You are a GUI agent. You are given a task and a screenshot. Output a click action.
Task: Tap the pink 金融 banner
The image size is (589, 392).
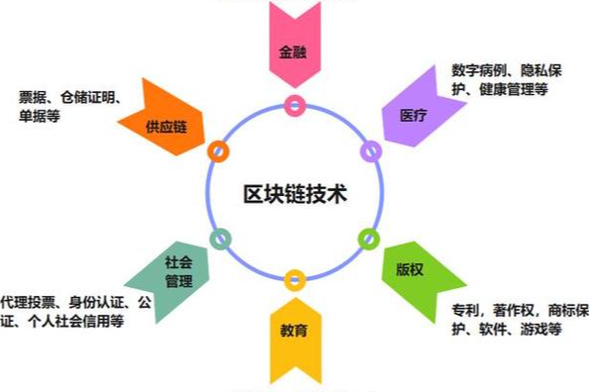[x=294, y=49]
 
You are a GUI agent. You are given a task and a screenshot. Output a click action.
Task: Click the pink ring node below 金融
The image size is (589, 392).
[x=294, y=103]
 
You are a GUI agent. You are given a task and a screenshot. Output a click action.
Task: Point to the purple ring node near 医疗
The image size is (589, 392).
[x=370, y=150]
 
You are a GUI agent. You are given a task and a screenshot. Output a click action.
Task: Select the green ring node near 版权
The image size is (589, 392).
[x=368, y=238]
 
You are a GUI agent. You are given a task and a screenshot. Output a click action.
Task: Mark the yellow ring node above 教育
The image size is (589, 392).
[x=294, y=280]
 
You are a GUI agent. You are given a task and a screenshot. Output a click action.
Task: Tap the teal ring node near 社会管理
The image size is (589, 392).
[x=221, y=238]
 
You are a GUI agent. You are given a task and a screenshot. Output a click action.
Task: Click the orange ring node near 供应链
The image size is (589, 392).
[x=218, y=150]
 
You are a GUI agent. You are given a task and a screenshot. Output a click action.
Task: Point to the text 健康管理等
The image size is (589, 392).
[x=514, y=90]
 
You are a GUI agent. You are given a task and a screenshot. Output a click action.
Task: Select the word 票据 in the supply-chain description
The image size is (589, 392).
[x=34, y=96]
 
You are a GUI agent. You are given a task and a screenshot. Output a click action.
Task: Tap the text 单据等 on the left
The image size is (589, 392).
[x=40, y=116]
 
